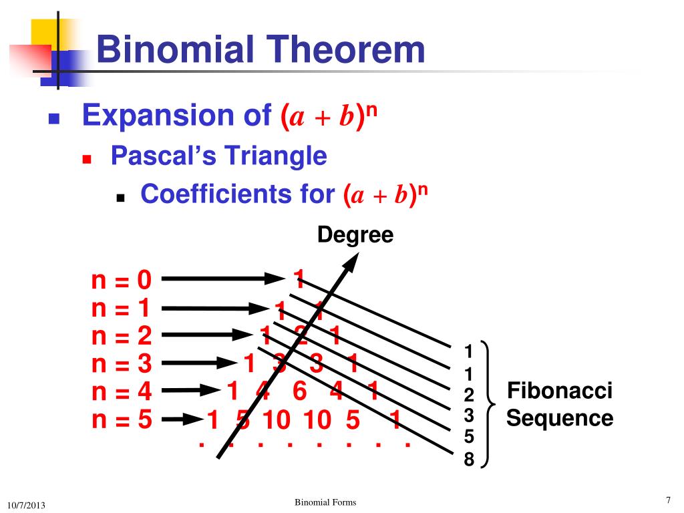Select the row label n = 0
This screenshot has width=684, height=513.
pos(122,281)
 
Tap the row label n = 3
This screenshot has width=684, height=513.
pos(122,364)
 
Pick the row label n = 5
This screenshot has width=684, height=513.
pos(122,420)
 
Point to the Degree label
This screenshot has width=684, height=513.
pos(355,234)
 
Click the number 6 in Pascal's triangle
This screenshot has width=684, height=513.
pos(299,391)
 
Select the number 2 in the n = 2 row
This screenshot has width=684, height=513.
pos(301,335)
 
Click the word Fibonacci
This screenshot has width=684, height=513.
pos(560,391)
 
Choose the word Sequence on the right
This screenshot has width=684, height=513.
pos(560,419)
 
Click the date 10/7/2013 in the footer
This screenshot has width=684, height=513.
pos(26,505)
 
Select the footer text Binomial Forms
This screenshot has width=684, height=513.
pos(325,502)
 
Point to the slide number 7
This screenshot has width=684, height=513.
pos(667,501)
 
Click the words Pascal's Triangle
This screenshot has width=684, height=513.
pos(218,156)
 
